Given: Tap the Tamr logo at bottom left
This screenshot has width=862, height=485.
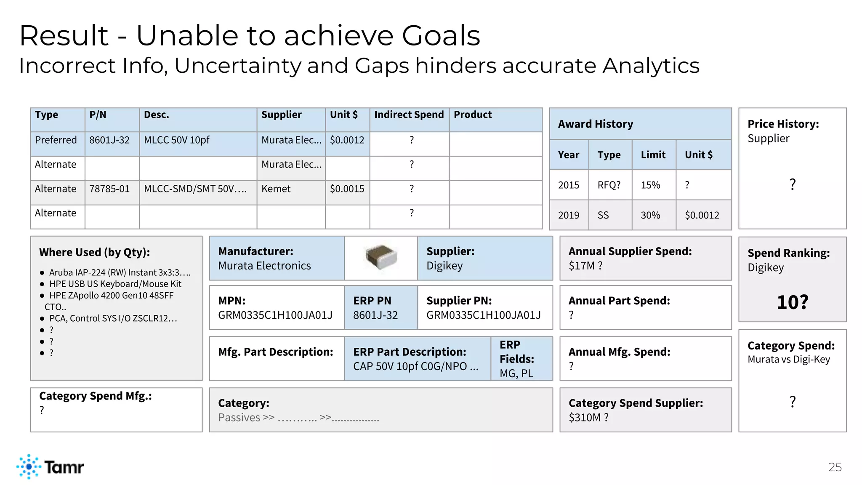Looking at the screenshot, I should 50,466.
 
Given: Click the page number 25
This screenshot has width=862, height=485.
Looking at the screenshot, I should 835,467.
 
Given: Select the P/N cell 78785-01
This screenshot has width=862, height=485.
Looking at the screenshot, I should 109,189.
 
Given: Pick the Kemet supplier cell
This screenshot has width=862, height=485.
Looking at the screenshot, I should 276,189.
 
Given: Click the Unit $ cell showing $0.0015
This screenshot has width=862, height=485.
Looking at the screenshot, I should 347,189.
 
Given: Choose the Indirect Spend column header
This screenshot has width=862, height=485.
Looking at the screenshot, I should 409,115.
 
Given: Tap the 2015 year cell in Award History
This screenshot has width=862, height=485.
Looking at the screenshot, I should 568,185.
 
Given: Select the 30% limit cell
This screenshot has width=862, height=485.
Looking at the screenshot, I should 650,216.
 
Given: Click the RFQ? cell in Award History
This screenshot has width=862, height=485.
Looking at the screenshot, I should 609,185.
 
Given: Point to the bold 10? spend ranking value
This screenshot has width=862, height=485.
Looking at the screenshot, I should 792,302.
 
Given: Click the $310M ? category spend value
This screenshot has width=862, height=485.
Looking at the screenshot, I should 588,418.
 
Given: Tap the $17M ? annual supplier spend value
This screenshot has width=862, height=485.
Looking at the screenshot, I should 585,266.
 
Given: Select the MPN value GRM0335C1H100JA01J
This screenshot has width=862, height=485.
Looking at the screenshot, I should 275,315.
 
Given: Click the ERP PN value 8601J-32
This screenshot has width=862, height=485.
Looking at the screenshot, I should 375,315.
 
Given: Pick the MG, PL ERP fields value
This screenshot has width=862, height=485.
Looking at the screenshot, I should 516,373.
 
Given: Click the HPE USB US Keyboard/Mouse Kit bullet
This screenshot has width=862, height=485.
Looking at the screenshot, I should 115,284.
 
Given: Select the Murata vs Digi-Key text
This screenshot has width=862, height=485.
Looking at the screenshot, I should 788,360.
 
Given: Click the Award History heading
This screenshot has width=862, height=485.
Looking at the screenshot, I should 595,124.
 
